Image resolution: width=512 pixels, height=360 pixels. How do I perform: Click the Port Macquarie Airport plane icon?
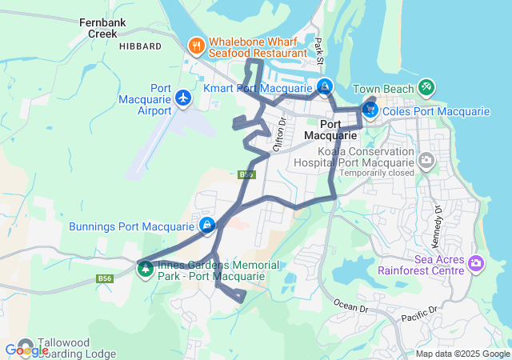coord(184,98)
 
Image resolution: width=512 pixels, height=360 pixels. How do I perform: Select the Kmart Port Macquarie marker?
coord(325,86)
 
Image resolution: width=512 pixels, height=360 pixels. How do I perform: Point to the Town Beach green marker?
coord(426,87)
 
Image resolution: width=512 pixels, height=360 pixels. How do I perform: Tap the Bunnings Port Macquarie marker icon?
coord(207,226)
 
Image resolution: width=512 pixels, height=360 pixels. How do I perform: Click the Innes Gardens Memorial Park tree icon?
coord(146,269)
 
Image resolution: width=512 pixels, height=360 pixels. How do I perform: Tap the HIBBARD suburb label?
coord(140,47)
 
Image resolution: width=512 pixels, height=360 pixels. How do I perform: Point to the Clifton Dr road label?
coord(280,134)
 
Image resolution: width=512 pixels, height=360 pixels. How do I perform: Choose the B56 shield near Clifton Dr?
coord(246,174)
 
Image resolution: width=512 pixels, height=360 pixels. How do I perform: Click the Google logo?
coord(26,350)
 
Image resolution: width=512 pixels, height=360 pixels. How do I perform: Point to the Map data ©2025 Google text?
coord(462,354)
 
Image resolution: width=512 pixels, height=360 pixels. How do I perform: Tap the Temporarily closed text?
coord(376,172)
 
